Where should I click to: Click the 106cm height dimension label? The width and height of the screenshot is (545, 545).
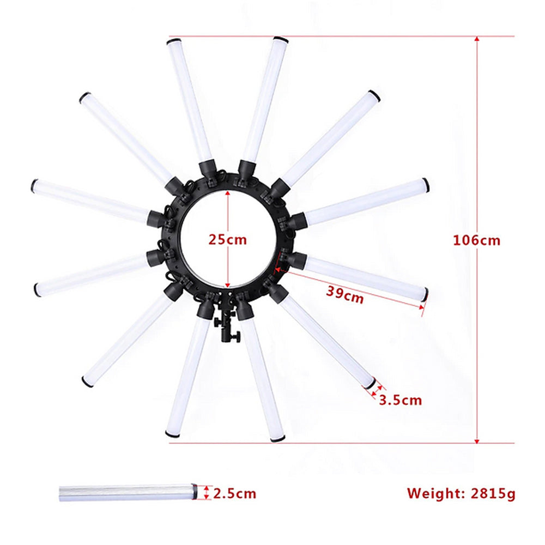476,240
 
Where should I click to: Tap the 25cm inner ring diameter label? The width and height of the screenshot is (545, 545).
228,240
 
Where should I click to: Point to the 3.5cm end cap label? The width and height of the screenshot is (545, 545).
401,401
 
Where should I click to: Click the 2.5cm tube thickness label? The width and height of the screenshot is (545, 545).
234,494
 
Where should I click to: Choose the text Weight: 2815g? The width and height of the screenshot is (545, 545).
461,493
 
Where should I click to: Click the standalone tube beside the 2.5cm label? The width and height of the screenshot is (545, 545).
128,493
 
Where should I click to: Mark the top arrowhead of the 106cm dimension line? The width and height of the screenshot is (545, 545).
477,39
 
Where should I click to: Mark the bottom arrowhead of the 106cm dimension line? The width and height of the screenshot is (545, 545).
477,440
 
